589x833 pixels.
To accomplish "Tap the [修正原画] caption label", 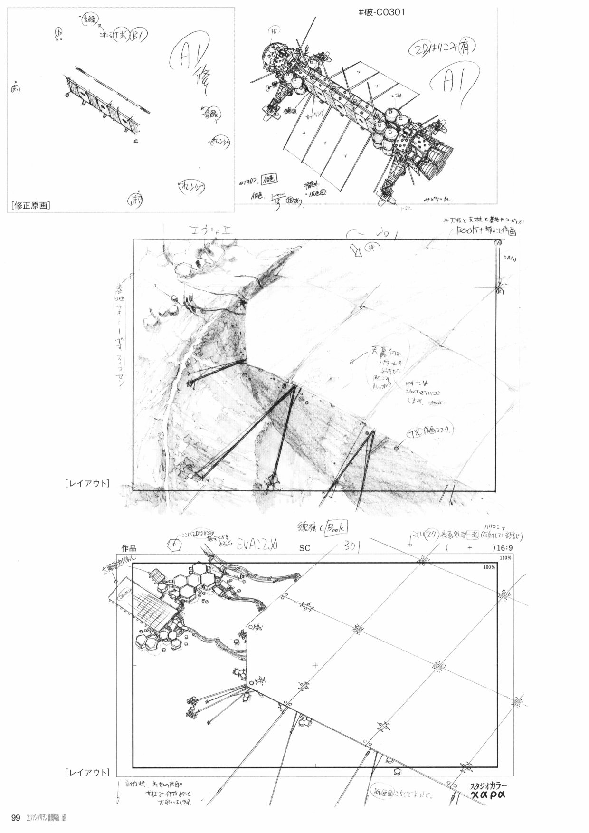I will point(30,205).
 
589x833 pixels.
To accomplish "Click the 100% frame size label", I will point(489,567).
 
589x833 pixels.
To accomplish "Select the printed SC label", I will point(304,548).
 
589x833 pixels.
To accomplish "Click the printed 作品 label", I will point(129,548).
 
